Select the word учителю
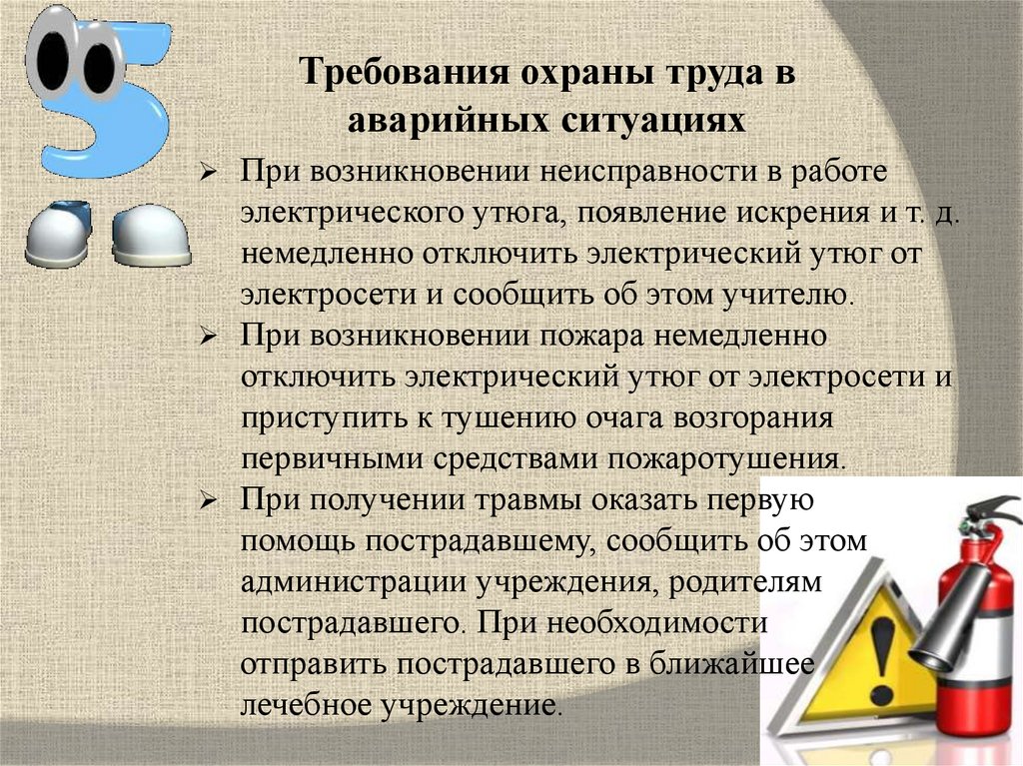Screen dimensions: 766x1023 pos(787,296)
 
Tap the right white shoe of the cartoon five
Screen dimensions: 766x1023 pos(152,237)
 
